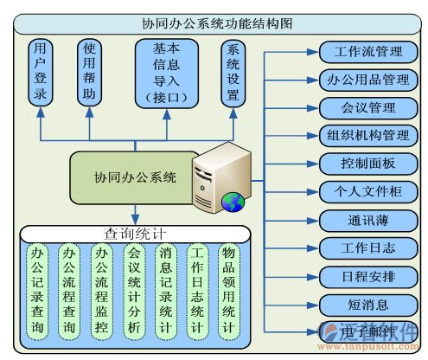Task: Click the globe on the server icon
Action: tap(232, 202)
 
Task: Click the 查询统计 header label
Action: tap(134, 234)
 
